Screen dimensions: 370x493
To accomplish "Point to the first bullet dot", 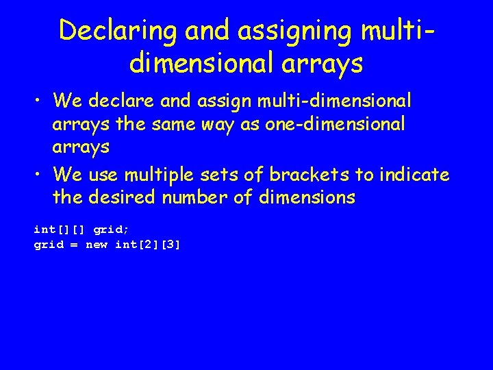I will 39,102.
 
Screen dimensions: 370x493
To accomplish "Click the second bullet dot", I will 39,175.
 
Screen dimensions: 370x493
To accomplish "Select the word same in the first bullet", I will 205,125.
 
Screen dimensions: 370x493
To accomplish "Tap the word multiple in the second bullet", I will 155,175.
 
